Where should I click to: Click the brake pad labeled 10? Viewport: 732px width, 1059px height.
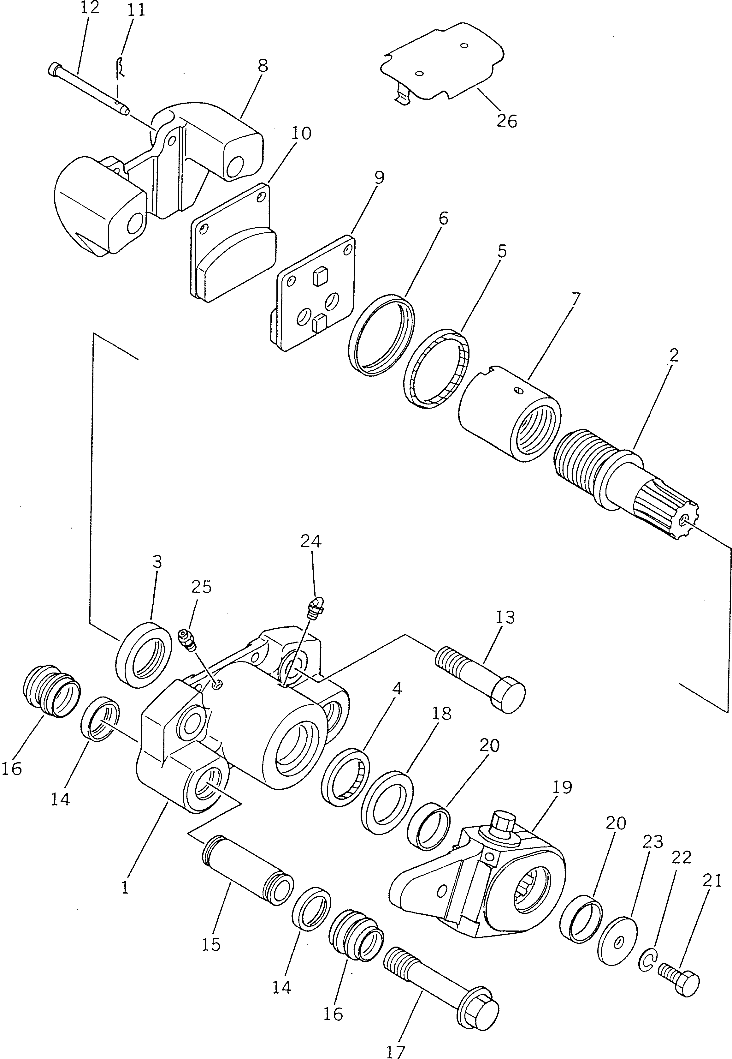(234, 243)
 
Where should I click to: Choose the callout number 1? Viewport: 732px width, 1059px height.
(125, 888)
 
